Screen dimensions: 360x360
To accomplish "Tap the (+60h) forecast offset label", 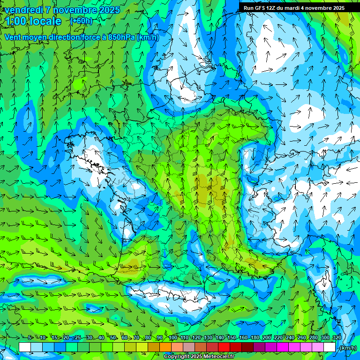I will (x=82, y=21).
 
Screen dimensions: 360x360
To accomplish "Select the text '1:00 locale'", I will (x=33, y=22).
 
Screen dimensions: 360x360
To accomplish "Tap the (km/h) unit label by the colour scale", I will (x=348, y=348).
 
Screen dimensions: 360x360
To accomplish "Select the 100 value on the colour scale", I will (x=173, y=338).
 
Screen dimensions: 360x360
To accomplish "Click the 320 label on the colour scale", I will (x=337, y=338).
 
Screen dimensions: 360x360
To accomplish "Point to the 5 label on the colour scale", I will (x=30, y=338).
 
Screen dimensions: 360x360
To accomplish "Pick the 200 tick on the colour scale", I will (x=267, y=338).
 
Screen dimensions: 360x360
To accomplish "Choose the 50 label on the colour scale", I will (x=113, y=338).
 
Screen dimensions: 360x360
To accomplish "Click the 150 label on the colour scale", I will (x=232, y=338).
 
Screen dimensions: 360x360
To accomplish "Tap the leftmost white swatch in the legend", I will (x=25, y=347).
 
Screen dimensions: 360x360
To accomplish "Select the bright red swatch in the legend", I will (x=224, y=347).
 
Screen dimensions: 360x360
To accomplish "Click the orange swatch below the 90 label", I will (x=165, y=347).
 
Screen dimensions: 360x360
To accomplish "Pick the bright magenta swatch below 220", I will (x=283, y=347).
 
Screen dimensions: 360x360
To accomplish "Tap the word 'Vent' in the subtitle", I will (x=13, y=37).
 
